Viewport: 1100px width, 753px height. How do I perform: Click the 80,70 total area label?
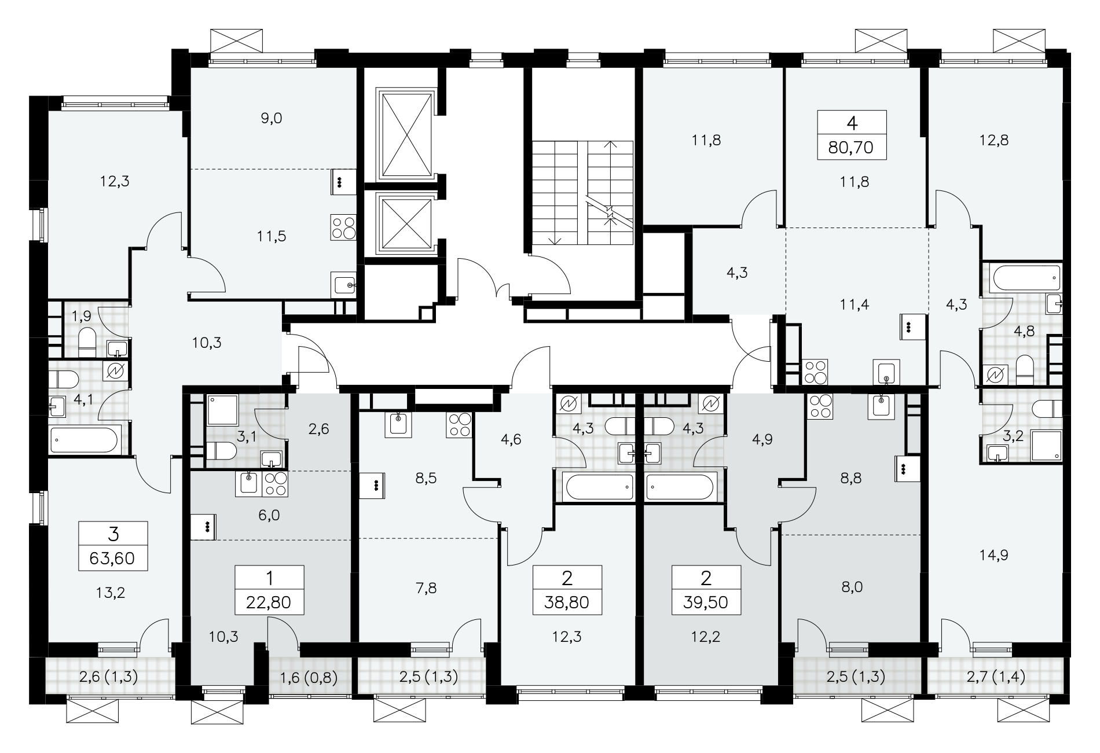click(x=851, y=148)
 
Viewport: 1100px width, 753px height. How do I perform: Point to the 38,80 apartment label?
click(x=567, y=603)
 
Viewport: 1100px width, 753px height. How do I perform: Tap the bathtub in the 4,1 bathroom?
click(x=85, y=440)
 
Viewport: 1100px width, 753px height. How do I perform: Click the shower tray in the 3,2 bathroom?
click(x=1047, y=446)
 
